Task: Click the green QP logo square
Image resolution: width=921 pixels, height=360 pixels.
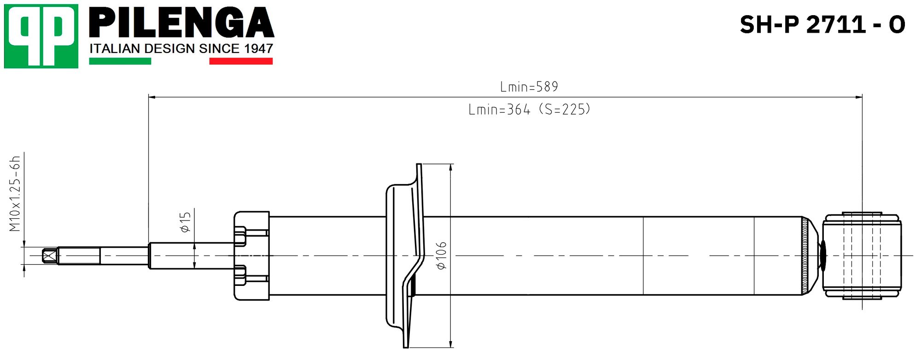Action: click(41, 36)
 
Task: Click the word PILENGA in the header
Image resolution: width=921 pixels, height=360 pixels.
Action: click(182, 23)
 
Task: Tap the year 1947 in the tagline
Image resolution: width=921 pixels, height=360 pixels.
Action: click(258, 48)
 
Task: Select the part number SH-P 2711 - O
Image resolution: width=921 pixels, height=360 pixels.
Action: click(822, 24)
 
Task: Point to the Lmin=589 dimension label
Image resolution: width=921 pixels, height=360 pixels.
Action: click(529, 87)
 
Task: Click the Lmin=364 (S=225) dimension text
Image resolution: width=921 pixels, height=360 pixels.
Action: click(529, 110)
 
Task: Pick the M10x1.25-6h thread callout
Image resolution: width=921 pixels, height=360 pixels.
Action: click(16, 193)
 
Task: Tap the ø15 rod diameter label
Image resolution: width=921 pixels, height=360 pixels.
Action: click(185, 222)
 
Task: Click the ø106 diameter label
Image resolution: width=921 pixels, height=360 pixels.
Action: click(441, 255)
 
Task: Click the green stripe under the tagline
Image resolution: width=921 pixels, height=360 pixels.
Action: click(120, 61)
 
